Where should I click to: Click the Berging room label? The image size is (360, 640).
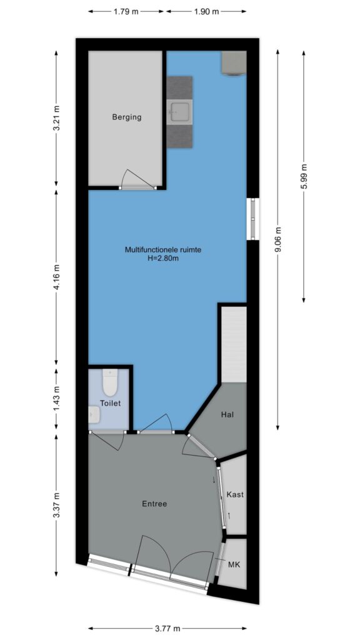[127, 117]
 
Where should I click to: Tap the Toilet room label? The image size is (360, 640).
[110, 403]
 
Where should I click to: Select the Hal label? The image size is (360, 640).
[227, 415]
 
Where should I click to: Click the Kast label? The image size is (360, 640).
[235, 494]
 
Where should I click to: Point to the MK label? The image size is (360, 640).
[234, 565]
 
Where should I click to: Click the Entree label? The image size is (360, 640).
[154, 504]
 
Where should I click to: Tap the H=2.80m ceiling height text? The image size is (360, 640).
[163, 257]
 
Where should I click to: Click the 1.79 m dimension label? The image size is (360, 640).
[126, 11]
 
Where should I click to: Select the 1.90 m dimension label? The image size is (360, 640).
[206, 11]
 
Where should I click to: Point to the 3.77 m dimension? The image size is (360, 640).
[167, 629]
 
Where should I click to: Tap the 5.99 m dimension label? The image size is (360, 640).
[304, 176]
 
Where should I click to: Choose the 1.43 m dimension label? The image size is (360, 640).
[57, 399]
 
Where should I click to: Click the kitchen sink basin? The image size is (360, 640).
[179, 112]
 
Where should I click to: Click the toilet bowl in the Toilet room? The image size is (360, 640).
[110, 382]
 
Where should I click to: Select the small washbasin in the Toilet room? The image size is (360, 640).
[94, 414]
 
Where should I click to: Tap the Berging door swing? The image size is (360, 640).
[138, 178]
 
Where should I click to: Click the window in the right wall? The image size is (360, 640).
[254, 219]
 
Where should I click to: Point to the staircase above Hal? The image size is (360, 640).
[234, 345]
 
